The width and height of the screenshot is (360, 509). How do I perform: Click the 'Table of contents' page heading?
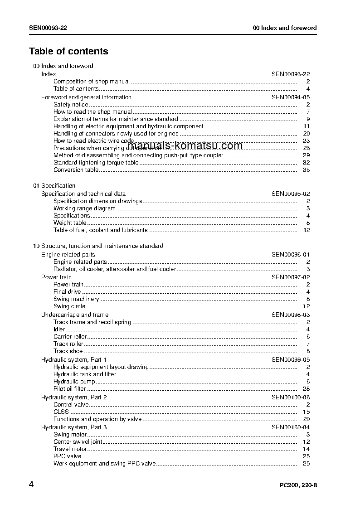tap(68, 51)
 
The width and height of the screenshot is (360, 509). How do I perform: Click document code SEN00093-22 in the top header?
tap(48, 28)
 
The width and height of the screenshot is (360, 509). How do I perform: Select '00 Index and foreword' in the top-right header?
tap(284, 28)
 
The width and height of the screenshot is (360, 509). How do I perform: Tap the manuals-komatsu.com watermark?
tap(185, 145)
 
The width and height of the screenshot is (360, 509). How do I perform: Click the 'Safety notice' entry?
tap(71, 105)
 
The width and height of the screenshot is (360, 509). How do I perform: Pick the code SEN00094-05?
tap(291, 97)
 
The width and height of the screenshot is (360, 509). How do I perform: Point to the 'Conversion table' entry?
tap(76, 170)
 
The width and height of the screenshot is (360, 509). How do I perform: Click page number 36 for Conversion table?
tap(306, 170)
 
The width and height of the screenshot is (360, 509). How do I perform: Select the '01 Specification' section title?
tap(54, 186)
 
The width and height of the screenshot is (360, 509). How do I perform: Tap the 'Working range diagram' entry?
tap(84, 208)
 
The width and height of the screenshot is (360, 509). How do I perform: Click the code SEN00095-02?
tap(291, 194)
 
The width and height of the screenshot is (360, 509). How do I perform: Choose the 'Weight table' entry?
tap(70, 223)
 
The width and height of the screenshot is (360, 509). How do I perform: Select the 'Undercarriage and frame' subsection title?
tap(75, 315)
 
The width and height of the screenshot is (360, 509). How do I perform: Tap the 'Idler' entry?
tap(59, 330)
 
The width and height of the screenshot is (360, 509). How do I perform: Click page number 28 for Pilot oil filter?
tap(306, 389)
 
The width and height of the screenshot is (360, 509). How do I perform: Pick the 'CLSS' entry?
tap(61, 412)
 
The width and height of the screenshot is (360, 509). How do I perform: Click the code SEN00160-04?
tap(291, 427)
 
